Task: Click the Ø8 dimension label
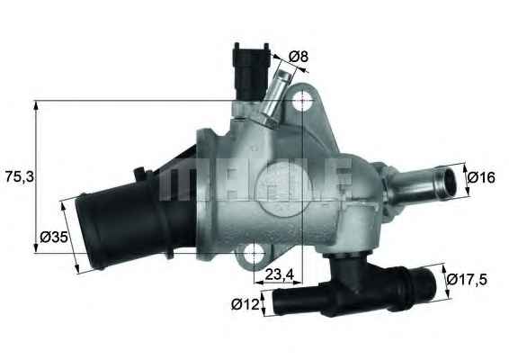(x=299, y=57)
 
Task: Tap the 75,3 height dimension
(x=19, y=176)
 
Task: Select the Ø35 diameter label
(x=53, y=239)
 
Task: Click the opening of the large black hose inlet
(x=90, y=229)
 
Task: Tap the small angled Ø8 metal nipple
(x=276, y=96)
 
